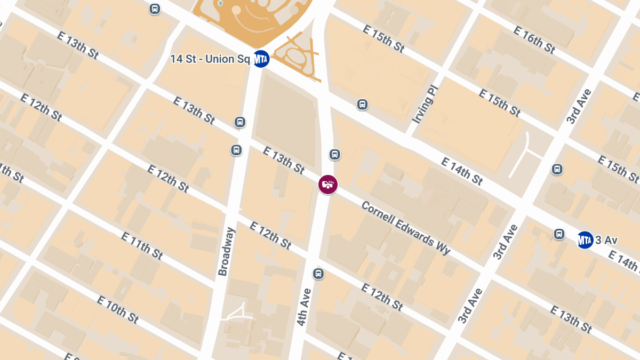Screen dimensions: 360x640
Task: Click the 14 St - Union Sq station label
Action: coord(210,59)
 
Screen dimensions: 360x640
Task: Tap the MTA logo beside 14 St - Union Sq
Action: coord(261,59)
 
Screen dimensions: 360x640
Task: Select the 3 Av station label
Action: coord(606,240)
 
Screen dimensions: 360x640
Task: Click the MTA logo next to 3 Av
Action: coord(585,240)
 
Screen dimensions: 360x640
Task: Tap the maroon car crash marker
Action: coord(328,185)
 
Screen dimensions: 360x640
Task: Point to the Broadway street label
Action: coord(226,252)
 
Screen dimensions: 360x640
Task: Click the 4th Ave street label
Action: coord(304,307)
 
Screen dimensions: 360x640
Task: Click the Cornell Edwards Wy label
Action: coord(405,228)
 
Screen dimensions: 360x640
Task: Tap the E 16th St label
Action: coord(534,39)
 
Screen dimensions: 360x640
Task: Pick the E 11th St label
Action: coord(142,246)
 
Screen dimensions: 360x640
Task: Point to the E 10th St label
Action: coord(118,309)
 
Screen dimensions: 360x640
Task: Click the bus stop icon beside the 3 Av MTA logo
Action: coord(559,234)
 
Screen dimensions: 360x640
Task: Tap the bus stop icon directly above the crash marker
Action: coord(334,155)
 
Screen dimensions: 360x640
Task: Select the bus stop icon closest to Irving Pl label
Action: coord(363,105)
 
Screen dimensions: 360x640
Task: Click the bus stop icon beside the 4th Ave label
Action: coord(318,274)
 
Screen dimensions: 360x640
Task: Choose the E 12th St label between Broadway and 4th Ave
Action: coord(270,235)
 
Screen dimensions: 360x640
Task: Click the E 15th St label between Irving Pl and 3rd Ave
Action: coord(499,102)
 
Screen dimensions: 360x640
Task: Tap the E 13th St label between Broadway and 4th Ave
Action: coord(284,159)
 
